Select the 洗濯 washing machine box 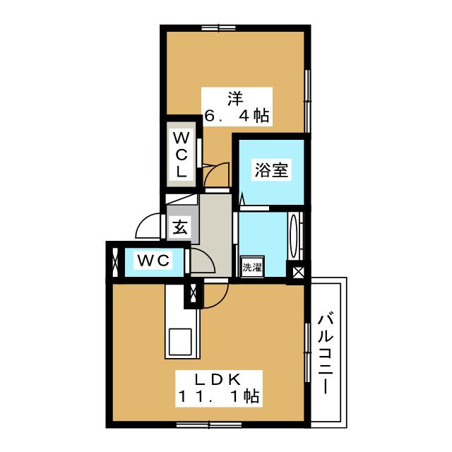point(252,267)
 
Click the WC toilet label point(153,261)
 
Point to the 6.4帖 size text point(237,114)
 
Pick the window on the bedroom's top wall point(218,28)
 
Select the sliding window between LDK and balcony point(308,352)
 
